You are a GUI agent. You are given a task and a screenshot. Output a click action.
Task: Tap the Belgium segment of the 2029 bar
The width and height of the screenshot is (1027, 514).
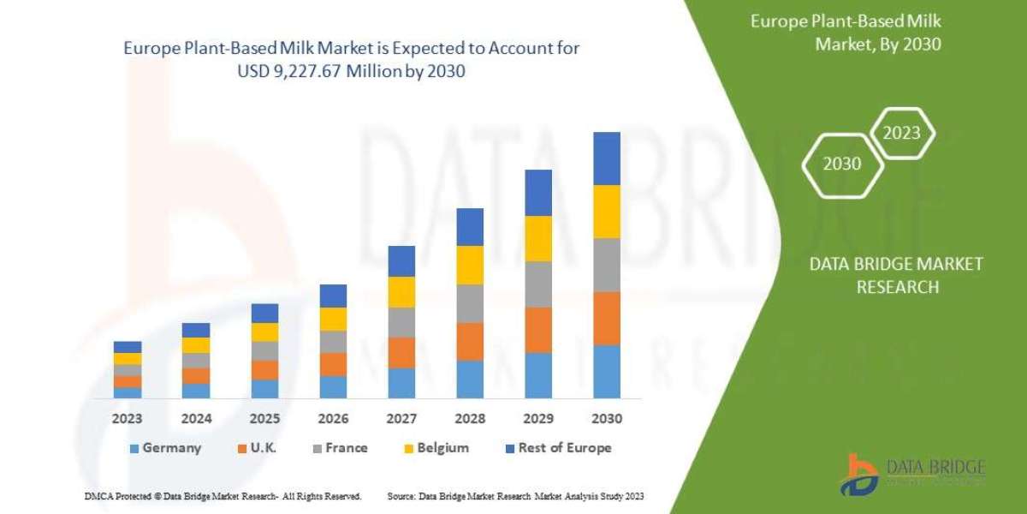point(537,238)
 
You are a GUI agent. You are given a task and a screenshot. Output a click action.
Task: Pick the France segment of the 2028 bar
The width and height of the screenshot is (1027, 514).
point(470,303)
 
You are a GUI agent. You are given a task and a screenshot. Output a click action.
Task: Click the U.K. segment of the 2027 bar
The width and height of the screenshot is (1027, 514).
point(401,353)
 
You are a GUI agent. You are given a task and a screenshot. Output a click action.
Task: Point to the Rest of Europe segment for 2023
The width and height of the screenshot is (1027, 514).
point(128,347)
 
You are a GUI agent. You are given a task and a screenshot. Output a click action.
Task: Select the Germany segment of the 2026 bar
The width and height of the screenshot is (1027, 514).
point(333,387)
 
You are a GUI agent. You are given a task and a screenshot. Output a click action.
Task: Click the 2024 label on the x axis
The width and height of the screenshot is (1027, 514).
point(196,420)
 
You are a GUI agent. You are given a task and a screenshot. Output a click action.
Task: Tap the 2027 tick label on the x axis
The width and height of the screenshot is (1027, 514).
point(401,420)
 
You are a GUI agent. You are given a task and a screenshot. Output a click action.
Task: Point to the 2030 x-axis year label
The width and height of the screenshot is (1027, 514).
point(606,420)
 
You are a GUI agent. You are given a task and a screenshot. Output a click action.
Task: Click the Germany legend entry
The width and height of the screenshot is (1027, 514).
point(165,448)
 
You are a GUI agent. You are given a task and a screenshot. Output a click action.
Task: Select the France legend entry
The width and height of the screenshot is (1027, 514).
point(339,448)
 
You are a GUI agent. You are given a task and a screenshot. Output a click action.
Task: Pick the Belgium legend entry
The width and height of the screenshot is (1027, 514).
point(435,448)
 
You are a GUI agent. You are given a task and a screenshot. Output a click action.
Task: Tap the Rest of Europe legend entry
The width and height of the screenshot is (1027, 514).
point(557,448)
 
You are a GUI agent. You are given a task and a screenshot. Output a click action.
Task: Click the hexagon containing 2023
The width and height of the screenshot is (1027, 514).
point(901,133)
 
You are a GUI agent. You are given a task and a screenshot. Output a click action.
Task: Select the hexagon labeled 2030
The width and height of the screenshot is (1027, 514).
point(842,164)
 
